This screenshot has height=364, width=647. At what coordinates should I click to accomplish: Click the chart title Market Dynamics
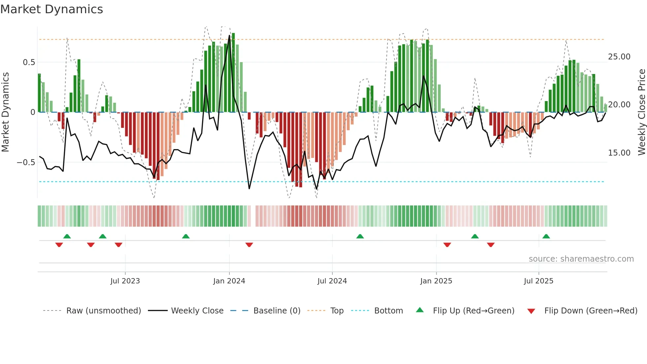[51, 9]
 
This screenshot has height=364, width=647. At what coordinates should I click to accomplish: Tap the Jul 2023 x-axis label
[125, 281]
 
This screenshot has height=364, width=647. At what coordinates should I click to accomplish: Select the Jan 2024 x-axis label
[229, 281]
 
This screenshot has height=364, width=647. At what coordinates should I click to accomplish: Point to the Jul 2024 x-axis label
[332, 281]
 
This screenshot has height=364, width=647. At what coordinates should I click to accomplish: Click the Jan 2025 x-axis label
[436, 281]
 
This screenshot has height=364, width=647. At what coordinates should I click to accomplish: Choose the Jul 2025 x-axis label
[538, 281]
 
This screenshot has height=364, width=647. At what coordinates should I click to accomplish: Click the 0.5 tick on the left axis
[29, 62]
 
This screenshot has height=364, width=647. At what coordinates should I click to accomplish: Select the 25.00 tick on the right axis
[619, 57]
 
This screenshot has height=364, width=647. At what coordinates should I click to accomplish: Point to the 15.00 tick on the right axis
[619, 153]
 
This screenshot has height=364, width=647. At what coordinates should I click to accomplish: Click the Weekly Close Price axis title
[641, 112]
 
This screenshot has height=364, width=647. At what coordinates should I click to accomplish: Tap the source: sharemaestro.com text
[581, 259]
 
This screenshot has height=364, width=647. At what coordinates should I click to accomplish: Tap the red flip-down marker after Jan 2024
[249, 245]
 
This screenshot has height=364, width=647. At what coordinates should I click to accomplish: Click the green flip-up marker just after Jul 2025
[546, 236]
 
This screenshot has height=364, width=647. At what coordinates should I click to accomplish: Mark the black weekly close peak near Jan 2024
[229, 36]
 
